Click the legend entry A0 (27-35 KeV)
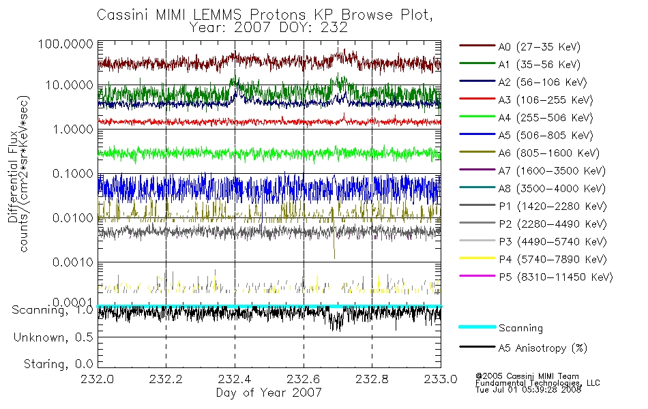539,46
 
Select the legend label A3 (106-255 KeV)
546,100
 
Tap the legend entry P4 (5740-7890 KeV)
553,260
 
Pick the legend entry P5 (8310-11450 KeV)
555,277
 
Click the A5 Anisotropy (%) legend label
543,348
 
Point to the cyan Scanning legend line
477,327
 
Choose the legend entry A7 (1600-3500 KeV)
552,171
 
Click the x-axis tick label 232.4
235,379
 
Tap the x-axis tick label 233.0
441,379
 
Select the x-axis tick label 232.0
97,379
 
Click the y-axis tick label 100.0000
65,44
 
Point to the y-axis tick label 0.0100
73,217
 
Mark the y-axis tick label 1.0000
73,130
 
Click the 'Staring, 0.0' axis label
58,365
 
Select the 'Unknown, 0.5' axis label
53,337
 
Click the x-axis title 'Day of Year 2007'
269,393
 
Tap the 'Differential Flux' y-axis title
13,177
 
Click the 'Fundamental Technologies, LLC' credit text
537,383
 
